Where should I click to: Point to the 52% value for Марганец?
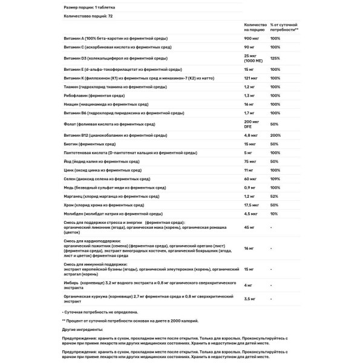click(x=275, y=197)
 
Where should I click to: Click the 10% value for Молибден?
click(x=274, y=214)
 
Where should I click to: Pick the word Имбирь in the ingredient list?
click(x=71, y=283)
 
